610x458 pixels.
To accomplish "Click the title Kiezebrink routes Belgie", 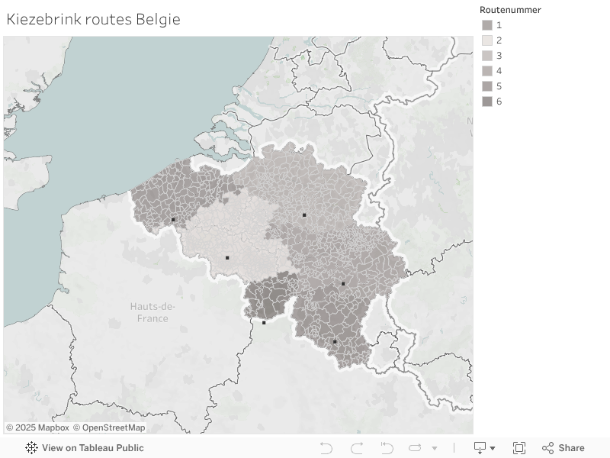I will [93, 20].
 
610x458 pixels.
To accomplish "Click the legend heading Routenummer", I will [510, 10].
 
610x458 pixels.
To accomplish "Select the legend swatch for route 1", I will [487, 25].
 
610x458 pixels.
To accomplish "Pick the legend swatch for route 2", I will [487, 40].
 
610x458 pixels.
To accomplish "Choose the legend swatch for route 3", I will [487, 56].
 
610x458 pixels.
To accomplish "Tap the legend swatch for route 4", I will [487, 71].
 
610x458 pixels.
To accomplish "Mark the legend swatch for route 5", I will [487, 86].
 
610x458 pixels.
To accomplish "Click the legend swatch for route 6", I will [487, 102].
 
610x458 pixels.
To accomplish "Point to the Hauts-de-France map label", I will [152, 312].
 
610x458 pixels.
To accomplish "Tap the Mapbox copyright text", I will [37, 427].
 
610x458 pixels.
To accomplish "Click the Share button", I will [563, 448].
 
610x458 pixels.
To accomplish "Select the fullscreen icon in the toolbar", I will [519, 448].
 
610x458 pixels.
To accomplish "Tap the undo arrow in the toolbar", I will [326, 448].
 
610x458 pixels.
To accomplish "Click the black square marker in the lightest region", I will [227, 258].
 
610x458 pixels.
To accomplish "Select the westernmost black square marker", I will [173, 220].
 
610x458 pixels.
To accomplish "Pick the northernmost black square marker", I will [304, 215].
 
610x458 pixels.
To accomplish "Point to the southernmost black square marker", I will [334, 341].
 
